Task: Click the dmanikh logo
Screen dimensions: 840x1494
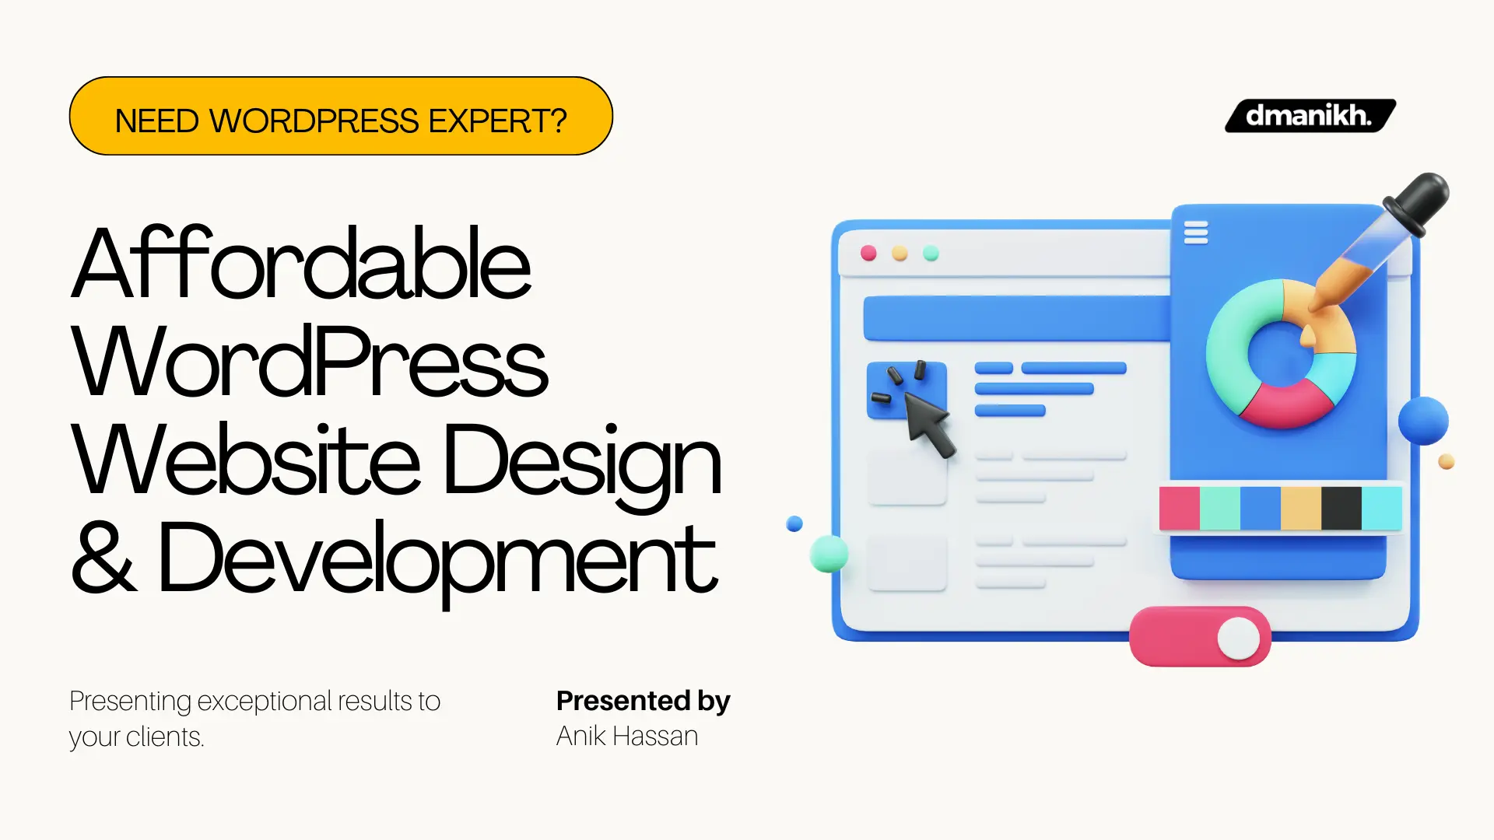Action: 1310,116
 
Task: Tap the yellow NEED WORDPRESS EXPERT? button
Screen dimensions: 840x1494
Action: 341,117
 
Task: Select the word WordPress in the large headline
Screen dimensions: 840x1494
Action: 310,362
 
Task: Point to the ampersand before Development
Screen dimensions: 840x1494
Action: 103,557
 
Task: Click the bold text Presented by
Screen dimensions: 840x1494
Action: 643,701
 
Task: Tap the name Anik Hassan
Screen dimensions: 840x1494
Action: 626,736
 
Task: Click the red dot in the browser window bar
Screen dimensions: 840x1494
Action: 868,253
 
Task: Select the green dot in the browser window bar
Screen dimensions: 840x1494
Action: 931,253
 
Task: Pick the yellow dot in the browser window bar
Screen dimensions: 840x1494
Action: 900,253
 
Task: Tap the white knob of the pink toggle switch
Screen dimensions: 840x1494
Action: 1238,638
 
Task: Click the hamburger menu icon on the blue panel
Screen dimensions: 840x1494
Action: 1196,233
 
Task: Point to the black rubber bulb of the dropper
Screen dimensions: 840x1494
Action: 1419,201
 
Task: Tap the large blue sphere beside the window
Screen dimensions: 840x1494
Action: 1423,421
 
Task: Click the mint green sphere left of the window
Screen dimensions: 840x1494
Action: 829,554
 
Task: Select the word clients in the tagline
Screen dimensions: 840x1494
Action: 164,737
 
